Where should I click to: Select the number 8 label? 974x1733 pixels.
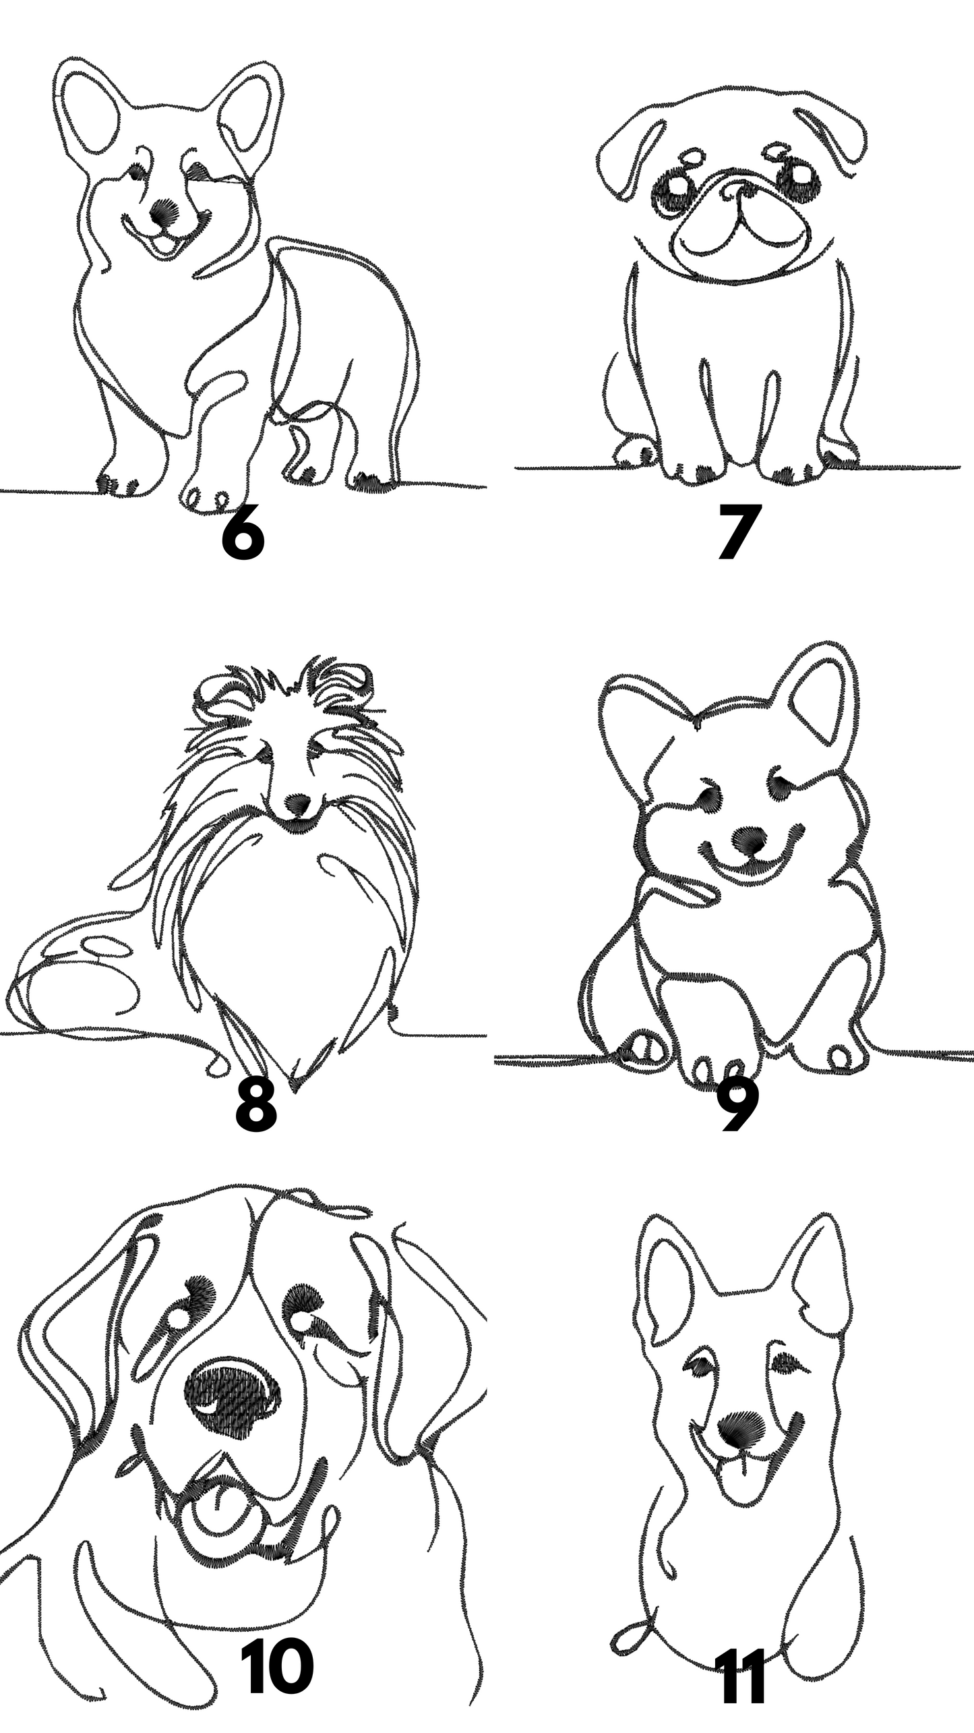pos(255,1110)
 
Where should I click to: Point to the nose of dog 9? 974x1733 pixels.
pos(748,842)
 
